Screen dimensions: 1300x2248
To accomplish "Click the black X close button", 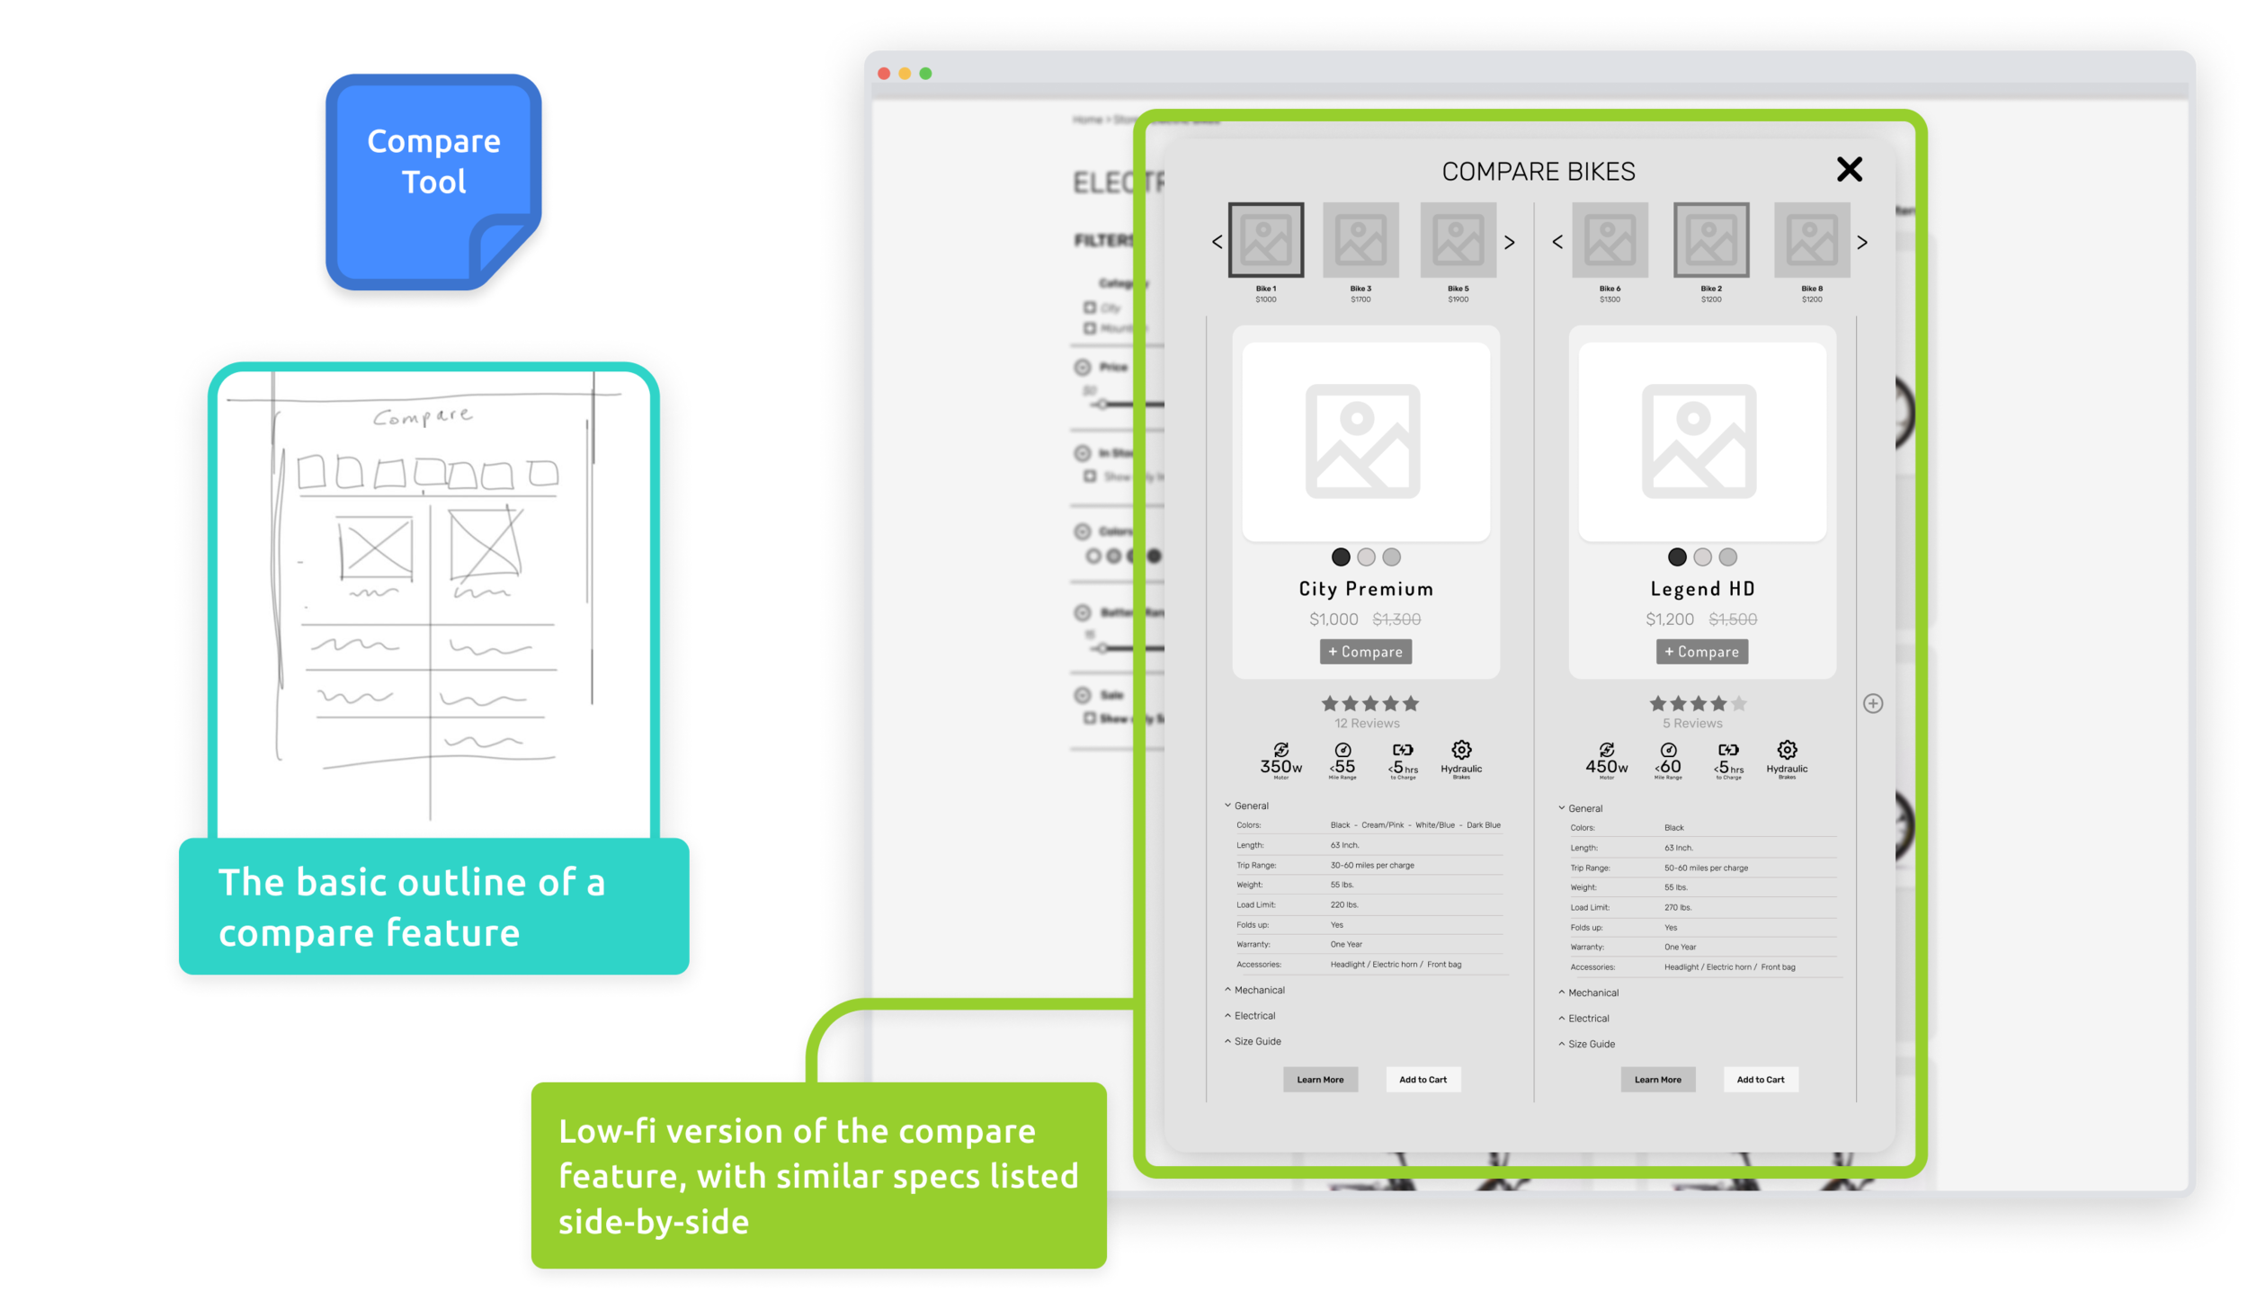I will (x=1849, y=169).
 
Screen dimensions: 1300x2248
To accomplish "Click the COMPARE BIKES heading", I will (x=1538, y=172).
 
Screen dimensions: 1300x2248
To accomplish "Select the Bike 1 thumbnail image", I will (x=1265, y=240).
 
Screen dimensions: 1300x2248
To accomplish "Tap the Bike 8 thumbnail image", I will (x=1811, y=240).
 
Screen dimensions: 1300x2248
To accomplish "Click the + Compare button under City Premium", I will (x=1365, y=652).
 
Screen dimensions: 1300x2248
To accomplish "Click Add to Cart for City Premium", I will (x=1423, y=1080).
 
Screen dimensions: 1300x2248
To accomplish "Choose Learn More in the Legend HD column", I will (x=1657, y=1080).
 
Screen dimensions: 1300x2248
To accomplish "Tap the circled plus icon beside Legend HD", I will (x=1872, y=704).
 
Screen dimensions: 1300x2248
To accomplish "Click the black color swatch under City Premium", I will (x=1340, y=557).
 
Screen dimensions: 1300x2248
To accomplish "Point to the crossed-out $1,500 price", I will (x=1732, y=619).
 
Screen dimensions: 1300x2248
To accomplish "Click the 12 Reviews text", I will (x=1367, y=724).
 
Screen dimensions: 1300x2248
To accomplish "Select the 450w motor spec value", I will (x=1606, y=767).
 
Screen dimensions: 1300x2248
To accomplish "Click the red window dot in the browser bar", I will (x=884, y=74).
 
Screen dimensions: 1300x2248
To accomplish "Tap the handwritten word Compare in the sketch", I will (x=423, y=416).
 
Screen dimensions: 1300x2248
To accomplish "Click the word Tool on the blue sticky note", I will (x=433, y=183).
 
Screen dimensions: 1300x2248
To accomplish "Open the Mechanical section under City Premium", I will (x=1259, y=990).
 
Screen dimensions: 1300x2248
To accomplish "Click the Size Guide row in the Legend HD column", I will (x=1591, y=1044).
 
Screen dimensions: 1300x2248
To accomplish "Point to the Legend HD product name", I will (x=1702, y=589).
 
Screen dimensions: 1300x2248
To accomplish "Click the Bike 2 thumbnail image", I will (x=1710, y=240).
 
